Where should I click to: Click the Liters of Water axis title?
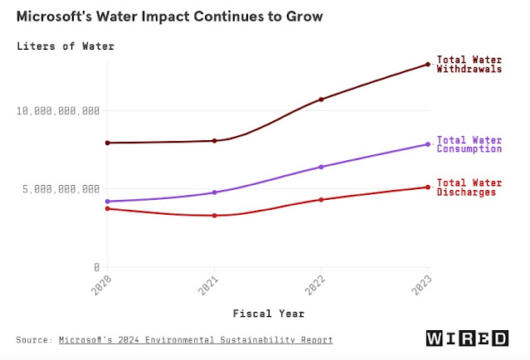pos(66,46)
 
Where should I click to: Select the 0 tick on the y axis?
pos(97,267)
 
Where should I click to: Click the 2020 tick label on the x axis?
pos(105,288)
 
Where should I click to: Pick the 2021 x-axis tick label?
pos(213,288)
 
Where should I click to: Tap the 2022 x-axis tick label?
pos(321,288)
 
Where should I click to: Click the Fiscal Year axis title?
pos(268,314)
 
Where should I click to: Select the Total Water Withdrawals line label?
pos(469,65)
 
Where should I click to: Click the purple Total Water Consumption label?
pos(469,144)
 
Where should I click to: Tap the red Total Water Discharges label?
pos(466,187)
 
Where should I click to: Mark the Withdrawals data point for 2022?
pos(321,100)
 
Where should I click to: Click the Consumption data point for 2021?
pos(214,192)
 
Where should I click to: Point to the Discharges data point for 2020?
pos(107,208)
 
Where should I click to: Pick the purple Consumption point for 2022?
pos(321,167)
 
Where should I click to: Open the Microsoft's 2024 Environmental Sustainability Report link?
pos(196,340)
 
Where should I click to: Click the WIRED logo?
pos(467,338)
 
